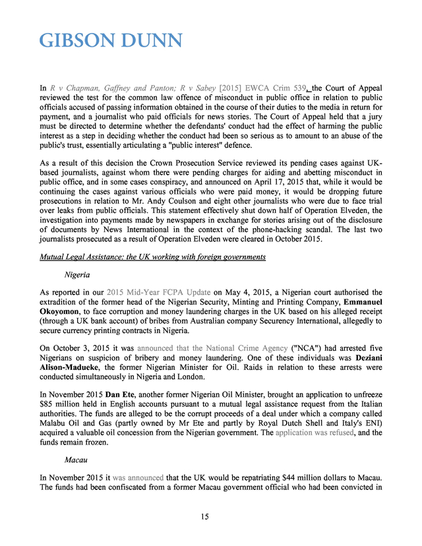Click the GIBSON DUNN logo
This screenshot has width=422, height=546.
(x=111, y=40)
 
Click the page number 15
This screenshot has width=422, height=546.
(x=210, y=516)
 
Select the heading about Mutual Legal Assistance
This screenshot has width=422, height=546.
(x=152, y=257)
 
